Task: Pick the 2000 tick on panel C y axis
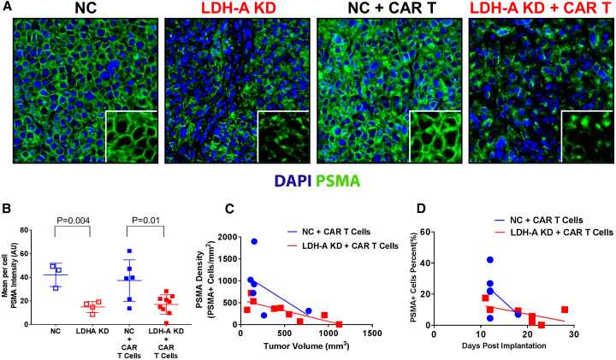point(226,237)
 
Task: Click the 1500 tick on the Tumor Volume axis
point(370,335)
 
